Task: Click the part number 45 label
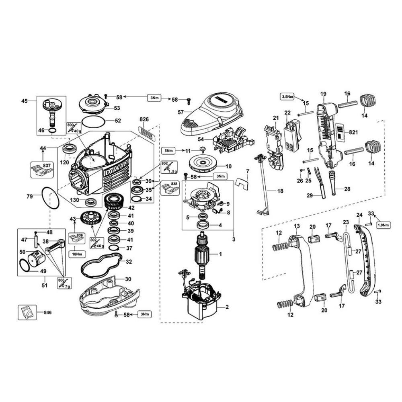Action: [24, 101]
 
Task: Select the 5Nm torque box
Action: [168, 150]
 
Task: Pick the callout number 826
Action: [144, 120]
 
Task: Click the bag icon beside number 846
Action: [27, 312]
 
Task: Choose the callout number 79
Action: [29, 196]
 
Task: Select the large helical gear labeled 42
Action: [116, 201]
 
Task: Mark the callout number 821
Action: [353, 132]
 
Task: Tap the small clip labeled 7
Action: [242, 183]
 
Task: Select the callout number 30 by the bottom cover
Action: [128, 279]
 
